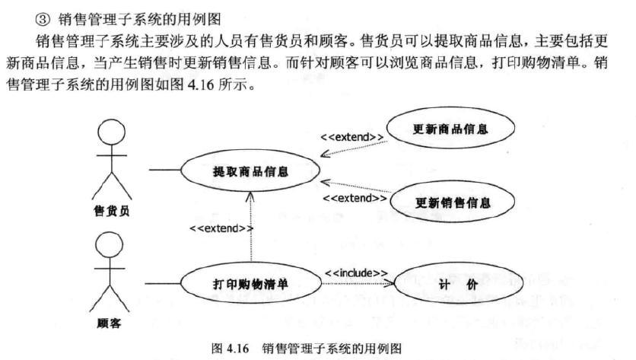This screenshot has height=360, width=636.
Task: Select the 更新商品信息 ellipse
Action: [453, 129]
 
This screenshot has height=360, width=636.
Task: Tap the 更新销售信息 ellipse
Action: [453, 202]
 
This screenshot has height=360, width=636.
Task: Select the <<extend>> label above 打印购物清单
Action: [221, 228]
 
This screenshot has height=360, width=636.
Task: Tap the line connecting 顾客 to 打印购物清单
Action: [161, 284]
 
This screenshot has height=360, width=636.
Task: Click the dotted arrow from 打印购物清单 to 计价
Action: [358, 285]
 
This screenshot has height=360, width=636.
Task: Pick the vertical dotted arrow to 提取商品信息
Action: [250, 228]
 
